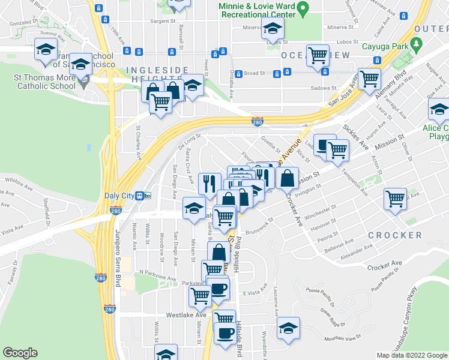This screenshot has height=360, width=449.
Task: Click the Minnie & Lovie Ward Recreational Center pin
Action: (x=303, y=9)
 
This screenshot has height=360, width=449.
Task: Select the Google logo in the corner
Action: (x=20, y=353)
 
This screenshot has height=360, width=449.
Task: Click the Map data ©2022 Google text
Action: (x=412, y=355)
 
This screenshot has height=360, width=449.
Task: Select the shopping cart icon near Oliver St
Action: (x=396, y=197)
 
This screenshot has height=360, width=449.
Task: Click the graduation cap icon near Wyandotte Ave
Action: (x=288, y=328)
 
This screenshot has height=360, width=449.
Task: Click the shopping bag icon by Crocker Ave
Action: (x=288, y=178)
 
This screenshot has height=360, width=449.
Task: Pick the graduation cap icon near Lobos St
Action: (x=273, y=27)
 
